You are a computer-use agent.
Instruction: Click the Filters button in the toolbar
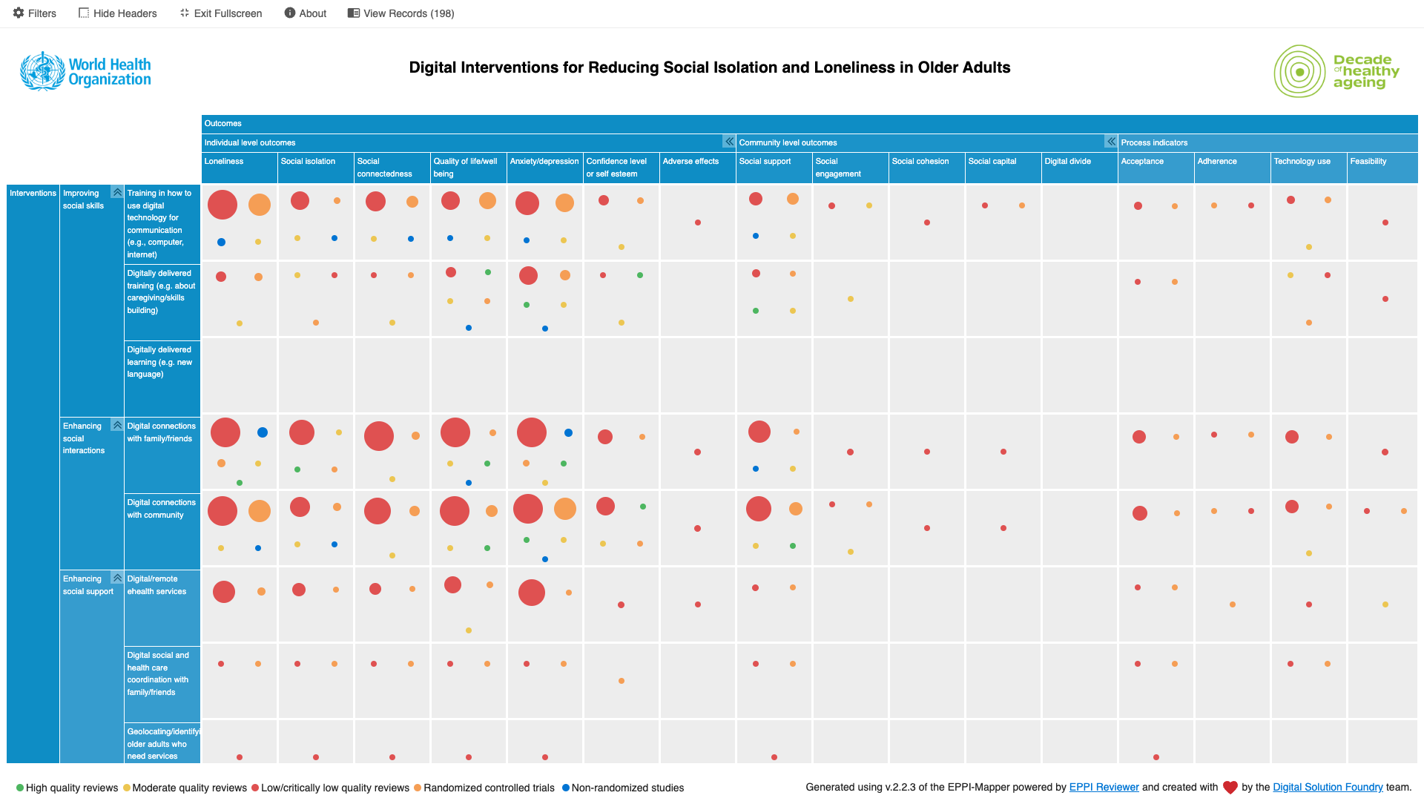[x=35, y=13]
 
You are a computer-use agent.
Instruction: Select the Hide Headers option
[x=118, y=13]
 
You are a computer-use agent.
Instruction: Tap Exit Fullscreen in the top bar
[x=221, y=13]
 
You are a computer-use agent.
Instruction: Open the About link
[x=306, y=13]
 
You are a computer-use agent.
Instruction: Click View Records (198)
[x=401, y=13]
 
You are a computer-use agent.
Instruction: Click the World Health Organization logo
[x=85, y=72]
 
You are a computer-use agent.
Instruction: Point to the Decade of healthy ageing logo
[x=1336, y=71]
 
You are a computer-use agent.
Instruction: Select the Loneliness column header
[x=224, y=162]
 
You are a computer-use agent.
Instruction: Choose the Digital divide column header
[x=1067, y=162]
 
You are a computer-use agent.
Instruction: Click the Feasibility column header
[x=1368, y=162]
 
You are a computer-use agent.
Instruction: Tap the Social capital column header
[x=992, y=162]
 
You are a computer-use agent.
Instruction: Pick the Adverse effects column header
[x=690, y=162]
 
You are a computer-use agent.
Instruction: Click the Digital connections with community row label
[x=161, y=509]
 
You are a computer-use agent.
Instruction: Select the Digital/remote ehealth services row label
[x=156, y=585]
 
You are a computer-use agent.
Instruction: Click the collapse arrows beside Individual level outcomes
[x=729, y=142]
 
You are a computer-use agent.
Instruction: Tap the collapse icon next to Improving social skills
[x=117, y=193]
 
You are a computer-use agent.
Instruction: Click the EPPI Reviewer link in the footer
[x=1104, y=788]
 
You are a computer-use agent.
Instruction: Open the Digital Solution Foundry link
[x=1328, y=788]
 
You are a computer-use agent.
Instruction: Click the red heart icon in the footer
[x=1230, y=788]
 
